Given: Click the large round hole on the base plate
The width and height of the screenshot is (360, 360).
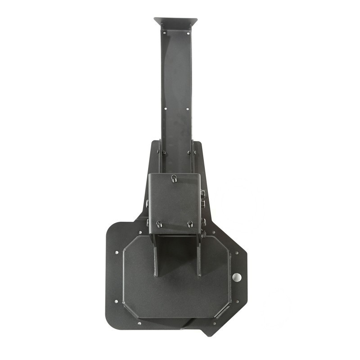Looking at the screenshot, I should tap(237, 277).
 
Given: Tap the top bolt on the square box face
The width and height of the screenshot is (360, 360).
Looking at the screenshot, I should tap(174, 179).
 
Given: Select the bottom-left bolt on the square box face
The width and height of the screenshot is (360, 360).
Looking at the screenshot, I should tap(159, 224).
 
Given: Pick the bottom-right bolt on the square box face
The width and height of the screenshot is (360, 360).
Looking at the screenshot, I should tap(190, 224).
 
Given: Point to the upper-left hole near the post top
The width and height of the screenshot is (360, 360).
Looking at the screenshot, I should tap(164, 33).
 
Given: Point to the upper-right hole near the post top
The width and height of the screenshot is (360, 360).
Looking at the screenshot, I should tap(188, 33).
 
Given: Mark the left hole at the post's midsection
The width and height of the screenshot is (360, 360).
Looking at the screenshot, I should tap(165, 108).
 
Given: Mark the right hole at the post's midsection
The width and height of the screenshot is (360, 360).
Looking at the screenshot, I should tap(188, 108).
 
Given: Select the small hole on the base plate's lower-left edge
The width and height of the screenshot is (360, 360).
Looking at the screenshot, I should tap(116, 301).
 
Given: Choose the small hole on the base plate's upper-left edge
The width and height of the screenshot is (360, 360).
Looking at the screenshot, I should tap(117, 252).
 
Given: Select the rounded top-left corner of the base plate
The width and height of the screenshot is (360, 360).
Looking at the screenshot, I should tap(112, 227).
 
